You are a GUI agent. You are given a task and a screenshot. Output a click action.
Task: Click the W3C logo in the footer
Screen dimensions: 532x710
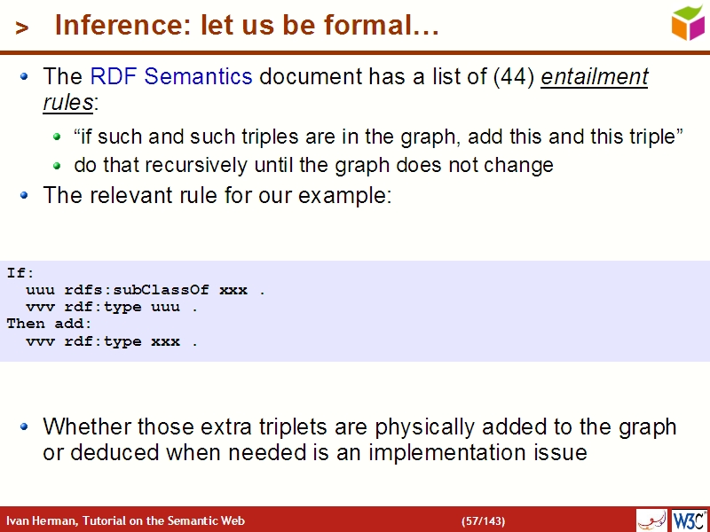tap(689, 520)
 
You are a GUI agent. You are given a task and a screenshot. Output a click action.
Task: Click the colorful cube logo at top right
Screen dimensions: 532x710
tap(688, 22)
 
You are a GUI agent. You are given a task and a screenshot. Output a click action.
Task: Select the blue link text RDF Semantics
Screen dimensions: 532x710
tap(171, 77)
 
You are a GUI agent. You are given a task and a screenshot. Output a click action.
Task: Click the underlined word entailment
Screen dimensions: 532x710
tap(595, 77)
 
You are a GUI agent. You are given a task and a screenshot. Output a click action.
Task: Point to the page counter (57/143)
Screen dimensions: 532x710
tap(483, 520)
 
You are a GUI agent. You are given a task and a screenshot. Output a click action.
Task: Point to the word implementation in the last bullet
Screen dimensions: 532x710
tap(445, 452)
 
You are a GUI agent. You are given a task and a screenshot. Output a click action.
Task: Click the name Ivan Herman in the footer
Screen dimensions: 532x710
tap(40, 520)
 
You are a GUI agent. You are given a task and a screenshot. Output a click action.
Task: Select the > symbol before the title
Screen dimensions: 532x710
tap(22, 28)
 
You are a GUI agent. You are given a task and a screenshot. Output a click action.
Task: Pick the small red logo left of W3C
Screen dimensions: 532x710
tap(651, 520)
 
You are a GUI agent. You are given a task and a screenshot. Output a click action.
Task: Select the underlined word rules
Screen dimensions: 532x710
tap(67, 102)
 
